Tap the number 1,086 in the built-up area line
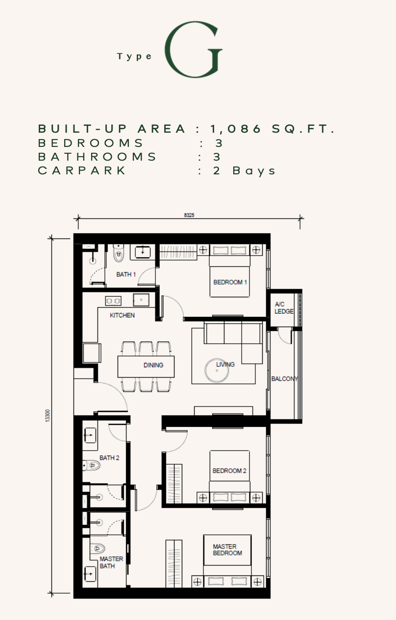click(236, 129)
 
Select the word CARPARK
click(82, 170)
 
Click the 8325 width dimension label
click(189, 215)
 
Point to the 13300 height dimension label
click(48, 416)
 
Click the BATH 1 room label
click(126, 275)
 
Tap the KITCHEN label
click(122, 315)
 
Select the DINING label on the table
click(153, 365)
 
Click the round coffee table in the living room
click(217, 370)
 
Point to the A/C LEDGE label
click(284, 308)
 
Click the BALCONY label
click(285, 379)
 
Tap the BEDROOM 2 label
click(229, 471)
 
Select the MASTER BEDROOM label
click(227, 549)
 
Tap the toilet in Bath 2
click(92, 465)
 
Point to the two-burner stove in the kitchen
click(113, 301)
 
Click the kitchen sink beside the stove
click(141, 300)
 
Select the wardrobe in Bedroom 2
click(174, 484)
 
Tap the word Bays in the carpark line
click(254, 171)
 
